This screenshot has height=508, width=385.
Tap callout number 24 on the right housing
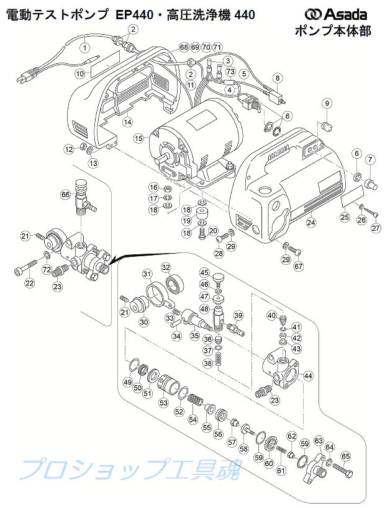(311, 223)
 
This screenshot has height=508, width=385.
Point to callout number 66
(65, 194)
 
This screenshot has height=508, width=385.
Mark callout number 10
(79, 73)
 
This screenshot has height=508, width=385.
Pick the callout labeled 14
(127, 122)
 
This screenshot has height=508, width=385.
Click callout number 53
(163, 403)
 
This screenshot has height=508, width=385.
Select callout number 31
(147, 275)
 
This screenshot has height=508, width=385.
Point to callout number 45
(204, 272)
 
